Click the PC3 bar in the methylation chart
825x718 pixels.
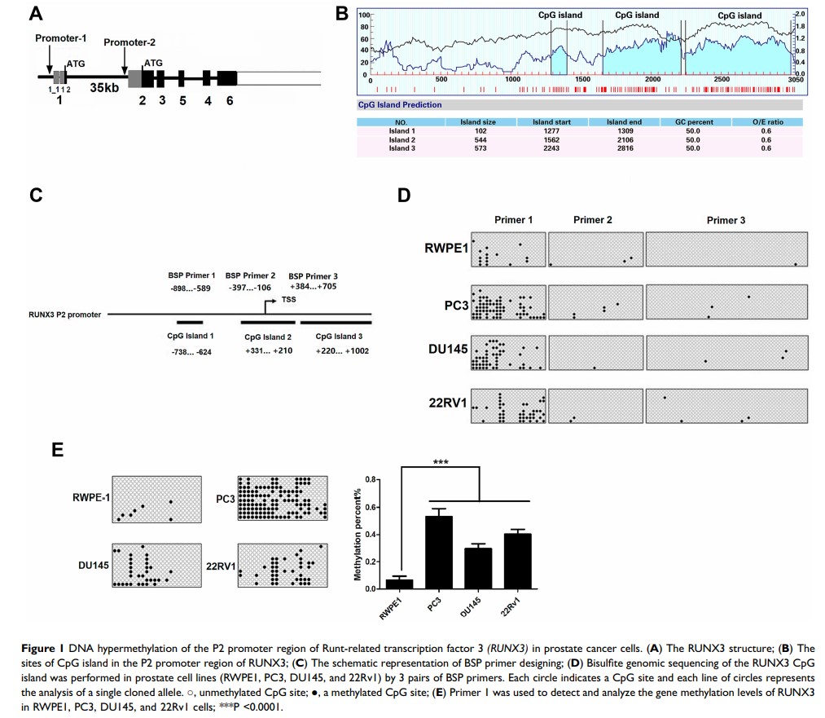(440, 552)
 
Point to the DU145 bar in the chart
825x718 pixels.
(477, 568)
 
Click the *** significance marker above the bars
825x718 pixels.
(441, 461)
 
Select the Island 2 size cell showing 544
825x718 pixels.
(483, 139)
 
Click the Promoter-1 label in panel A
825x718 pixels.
(59, 38)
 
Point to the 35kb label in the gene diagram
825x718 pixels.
(106, 87)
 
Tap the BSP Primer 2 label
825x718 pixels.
(250, 275)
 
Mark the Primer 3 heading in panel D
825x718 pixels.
(726, 220)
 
